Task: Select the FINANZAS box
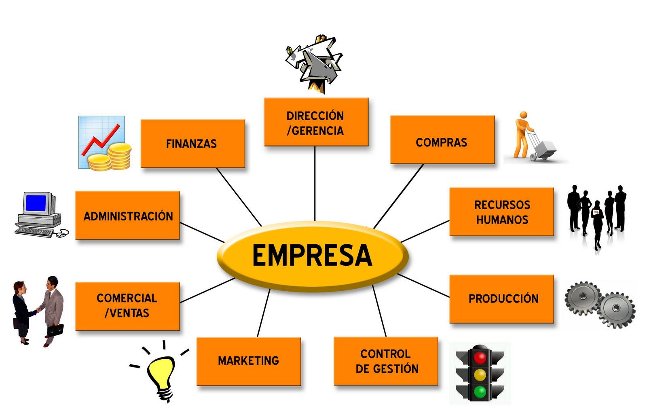pos(192,144)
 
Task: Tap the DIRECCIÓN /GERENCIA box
pos(316,122)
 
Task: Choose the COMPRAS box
pos(442,140)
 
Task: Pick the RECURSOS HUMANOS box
pos(502,212)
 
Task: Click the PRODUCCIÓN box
pos(502,299)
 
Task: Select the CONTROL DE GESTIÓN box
pos(386,361)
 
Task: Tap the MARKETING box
pos(249,362)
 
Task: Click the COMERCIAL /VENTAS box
pos(127,306)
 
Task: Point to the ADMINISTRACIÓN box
pos(127,215)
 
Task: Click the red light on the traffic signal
pos(480,358)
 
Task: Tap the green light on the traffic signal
pos(480,392)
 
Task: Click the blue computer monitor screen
pos(36,203)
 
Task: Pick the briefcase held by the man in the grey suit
pos(55,330)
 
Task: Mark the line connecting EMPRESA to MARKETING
pos(263,313)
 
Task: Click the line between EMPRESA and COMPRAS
pos(398,196)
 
